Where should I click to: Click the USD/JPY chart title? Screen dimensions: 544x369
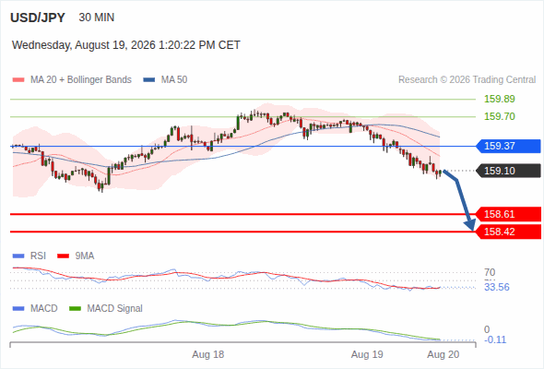(38, 18)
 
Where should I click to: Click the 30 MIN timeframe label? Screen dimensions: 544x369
(97, 18)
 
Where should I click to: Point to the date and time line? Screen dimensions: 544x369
(126, 45)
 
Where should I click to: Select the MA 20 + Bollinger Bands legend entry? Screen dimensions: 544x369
(72, 80)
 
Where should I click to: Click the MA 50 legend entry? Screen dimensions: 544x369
(165, 80)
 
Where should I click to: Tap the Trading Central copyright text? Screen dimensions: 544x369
(467, 80)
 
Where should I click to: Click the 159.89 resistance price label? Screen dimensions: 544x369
(499, 99)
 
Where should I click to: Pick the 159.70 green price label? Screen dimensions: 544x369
(499, 116)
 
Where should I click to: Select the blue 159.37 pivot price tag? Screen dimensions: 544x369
(508, 146)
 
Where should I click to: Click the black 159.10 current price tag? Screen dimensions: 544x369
(508, 171)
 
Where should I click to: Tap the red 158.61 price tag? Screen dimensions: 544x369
(508, 214)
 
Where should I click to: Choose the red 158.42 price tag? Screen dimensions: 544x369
(508, 232)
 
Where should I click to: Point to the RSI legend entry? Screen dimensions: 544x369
(29, 256)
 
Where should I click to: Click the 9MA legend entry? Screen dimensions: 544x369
(76, 256)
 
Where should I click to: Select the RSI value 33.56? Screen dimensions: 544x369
(497, 287)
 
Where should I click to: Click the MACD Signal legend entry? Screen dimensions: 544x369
(106, 308)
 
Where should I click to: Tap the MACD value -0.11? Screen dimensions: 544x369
(495, 339)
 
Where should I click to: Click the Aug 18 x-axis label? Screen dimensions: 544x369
(208, 354)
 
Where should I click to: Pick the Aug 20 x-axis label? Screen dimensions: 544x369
(443, 354)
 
